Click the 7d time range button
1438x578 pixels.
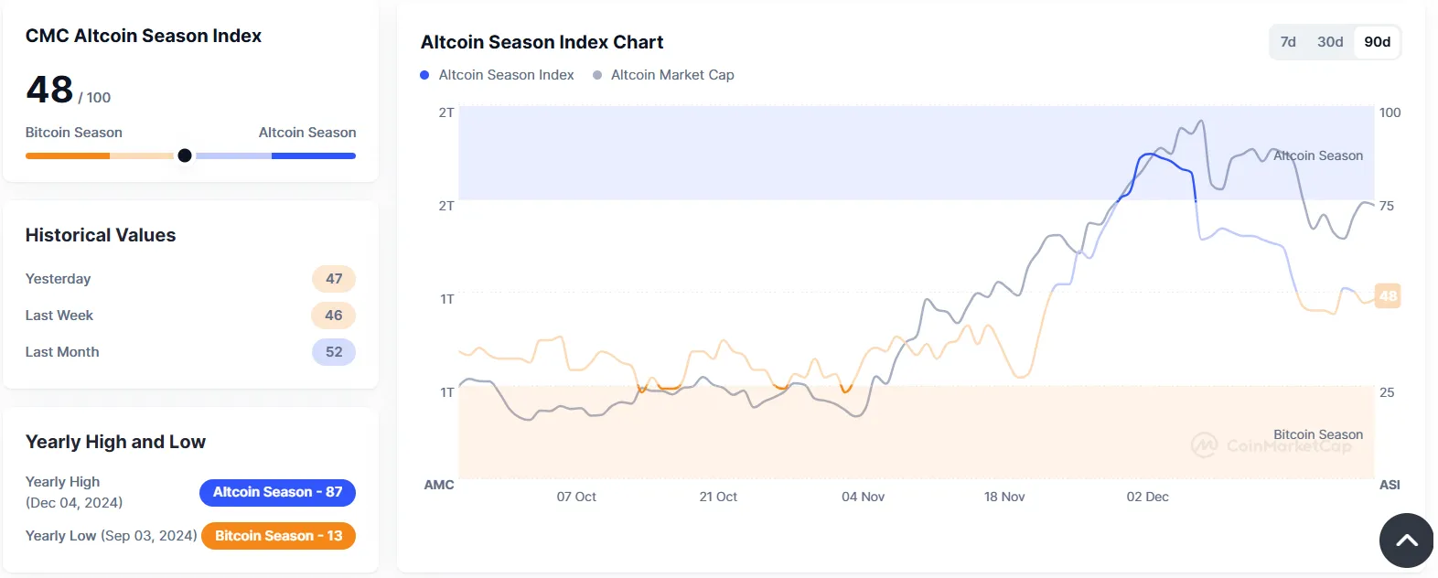pyautogui.click(x=1288, y=42)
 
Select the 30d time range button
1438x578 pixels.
pyautogui.click(x=1330, y=42)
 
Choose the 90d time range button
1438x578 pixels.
pyautogui.click(x=1377, y=42)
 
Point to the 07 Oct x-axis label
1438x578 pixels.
pyautogui.click(x=576, y=497)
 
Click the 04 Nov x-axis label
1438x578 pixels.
pyautogui.click(x=863, y=497)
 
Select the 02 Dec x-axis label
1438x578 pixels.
pyautogui.click(x=1147, y=497)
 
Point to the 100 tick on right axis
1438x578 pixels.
pyautogui.click(x=1390, y=112)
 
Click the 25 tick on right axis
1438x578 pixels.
pyautogui.click(x=1387, y=392)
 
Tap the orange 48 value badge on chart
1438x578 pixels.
pyautogui.click(x=1388, y=295)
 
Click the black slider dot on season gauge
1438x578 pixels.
pyautogui.click(x=185, y=155)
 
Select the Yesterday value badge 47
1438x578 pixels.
pyautogui.click(x=334, y=279)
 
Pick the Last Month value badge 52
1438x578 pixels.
pyautogui.click(x=334, y=352)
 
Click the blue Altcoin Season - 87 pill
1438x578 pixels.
pyautogui.click(x=277, y=492)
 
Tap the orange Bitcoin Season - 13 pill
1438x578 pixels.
pyautogui.click(x=278, y=536)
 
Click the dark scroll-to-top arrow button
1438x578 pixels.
pyautogui.click(x=1406, y=541)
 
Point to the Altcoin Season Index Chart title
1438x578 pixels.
pyautogui.click(x=542, y=42)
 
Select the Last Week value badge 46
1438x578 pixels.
pyautogui.click(x=334, y=316)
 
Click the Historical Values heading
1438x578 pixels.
pyautogui.click(x=101, y=235)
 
